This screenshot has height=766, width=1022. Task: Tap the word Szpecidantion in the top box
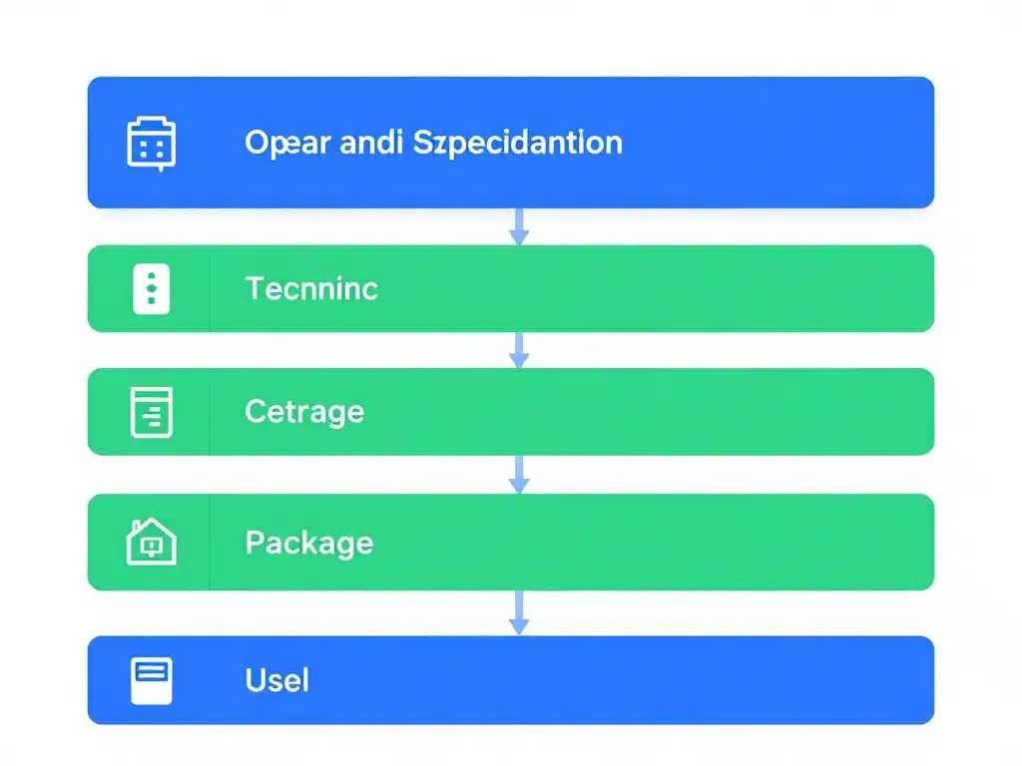point(518,142)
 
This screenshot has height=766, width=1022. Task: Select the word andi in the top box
point(371,142)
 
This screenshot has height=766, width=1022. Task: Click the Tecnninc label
point(311,288)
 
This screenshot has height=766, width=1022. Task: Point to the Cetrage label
point(304,411)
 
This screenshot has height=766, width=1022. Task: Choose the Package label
point(308,544)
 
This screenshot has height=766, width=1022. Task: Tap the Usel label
point(276,680)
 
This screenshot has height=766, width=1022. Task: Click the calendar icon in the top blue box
point(152,144)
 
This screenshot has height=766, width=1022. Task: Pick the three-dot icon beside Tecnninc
point(152,288)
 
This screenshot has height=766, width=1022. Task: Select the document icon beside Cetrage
point(152,412)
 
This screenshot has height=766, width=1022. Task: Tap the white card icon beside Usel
point(152,680)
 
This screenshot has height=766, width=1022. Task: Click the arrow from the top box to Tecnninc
point(518,226)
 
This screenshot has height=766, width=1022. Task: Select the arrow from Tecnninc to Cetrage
point(518,350)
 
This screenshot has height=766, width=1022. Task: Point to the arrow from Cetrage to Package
point(518,474)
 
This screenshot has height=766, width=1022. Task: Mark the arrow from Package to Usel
point(518,612)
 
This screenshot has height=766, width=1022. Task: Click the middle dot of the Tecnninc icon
point(152,288)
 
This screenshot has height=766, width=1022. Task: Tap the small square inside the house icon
point(152,546)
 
